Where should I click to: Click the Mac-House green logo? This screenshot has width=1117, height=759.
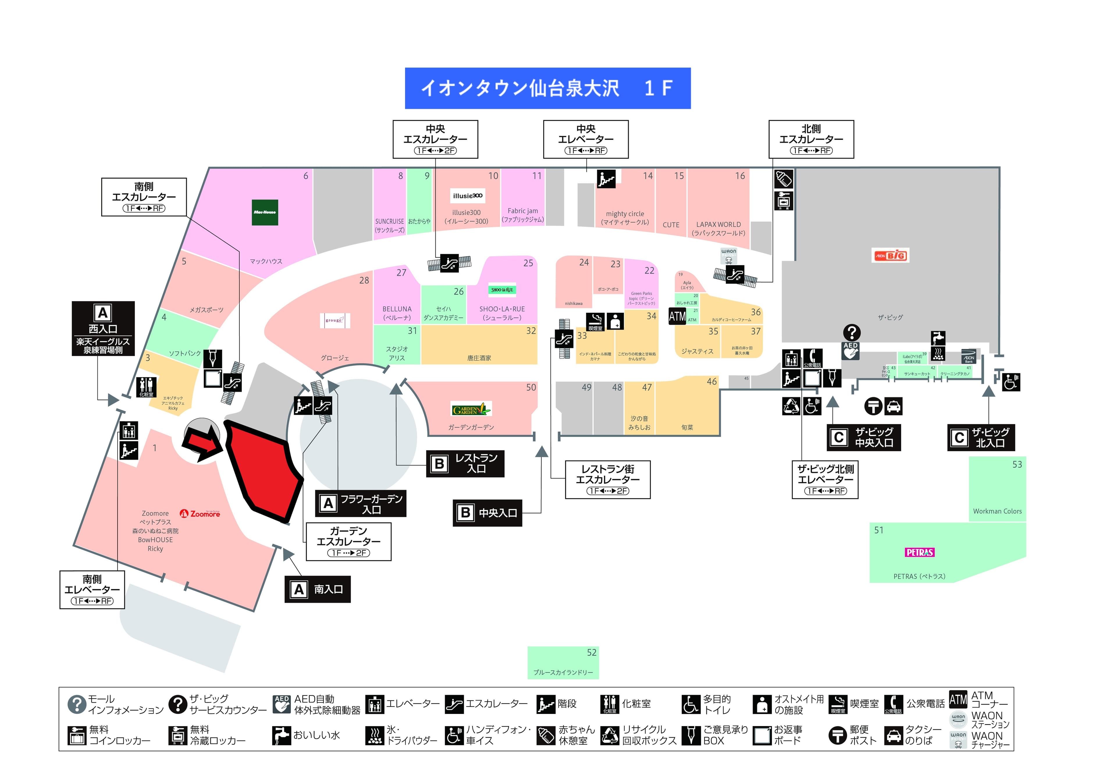click(x=265, y=212)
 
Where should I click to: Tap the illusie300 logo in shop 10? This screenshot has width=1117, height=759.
click(x=468, y=195)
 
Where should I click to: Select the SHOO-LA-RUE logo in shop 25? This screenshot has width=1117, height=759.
click(x=502, y=290)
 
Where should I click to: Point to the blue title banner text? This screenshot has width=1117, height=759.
click(x=547, y=88)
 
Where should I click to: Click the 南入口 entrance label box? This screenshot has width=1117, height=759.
click(x=318, y=589)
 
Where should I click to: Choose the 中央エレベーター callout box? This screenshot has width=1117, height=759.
click(x=586, y=139)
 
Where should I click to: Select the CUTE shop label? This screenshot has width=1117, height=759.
click(x=671, y=225)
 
